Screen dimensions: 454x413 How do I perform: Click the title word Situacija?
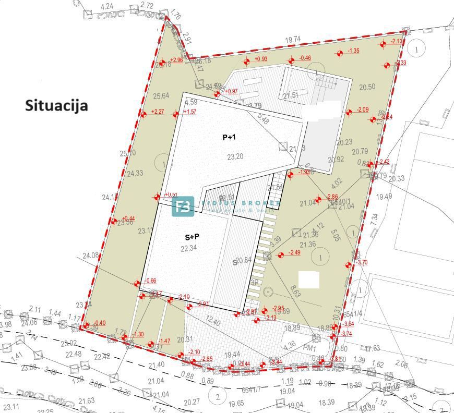56,105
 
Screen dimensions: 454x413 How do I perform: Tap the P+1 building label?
229,137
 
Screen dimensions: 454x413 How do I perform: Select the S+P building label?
192,236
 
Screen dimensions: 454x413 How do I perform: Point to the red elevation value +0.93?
261,59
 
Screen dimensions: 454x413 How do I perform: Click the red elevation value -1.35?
353,51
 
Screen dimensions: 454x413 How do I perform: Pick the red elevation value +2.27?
157,112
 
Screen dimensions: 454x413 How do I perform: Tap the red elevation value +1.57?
190,112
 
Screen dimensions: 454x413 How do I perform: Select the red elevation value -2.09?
362,110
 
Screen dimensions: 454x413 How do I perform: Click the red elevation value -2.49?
294,253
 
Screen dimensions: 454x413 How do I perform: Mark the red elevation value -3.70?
361,262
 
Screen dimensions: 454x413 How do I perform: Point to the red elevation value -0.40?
99,323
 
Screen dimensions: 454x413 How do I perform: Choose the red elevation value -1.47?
164,341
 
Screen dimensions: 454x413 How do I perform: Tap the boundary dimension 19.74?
293,39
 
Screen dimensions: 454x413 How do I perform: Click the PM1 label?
310,347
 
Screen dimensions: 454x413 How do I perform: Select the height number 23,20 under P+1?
235,156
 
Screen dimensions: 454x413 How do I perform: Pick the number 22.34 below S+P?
188,249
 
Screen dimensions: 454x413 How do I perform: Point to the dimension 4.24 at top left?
106,6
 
